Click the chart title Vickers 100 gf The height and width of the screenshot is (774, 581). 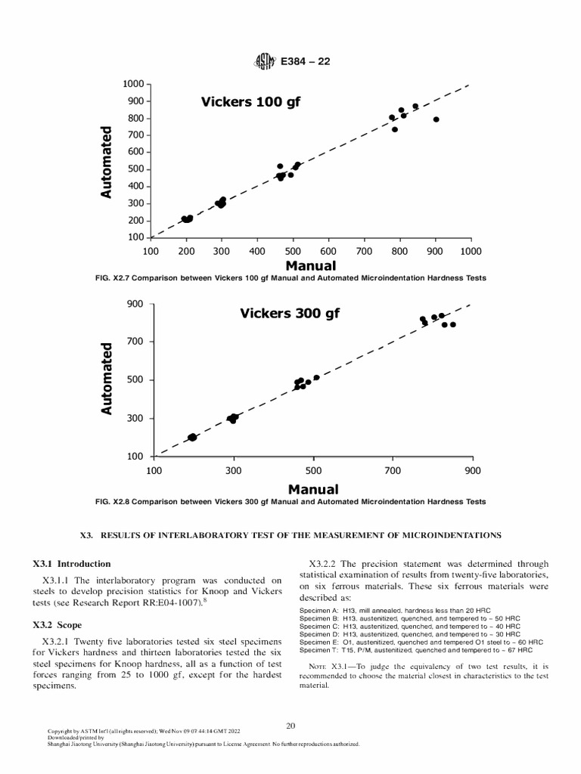[250, 101]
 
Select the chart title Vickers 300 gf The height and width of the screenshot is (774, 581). [290, 313]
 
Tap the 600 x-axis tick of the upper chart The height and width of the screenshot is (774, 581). [328, 251]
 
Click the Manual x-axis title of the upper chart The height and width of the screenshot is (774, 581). [311, 265]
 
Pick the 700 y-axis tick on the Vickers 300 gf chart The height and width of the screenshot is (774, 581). [138, 342]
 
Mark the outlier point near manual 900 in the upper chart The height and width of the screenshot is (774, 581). [437, 119]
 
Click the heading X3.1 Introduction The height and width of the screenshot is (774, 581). [72, 564]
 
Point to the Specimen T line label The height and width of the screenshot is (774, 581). [323, 649]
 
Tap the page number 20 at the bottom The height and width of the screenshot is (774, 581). [290, 726]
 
